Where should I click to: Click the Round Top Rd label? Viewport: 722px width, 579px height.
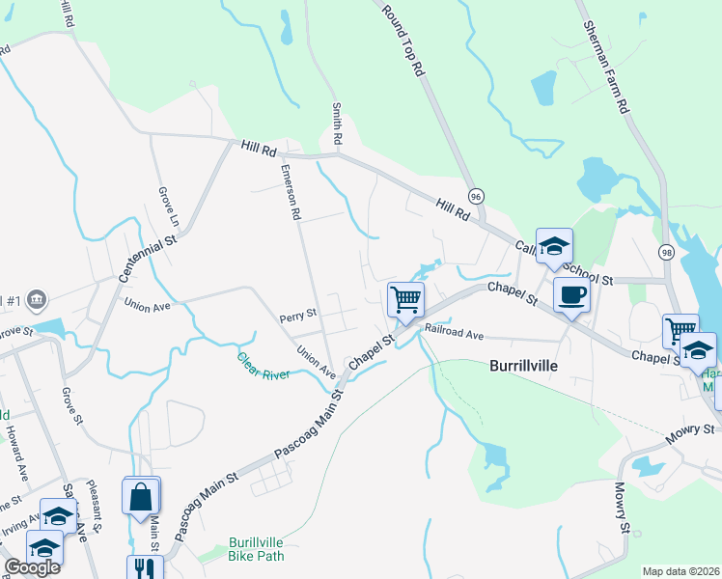pos(403,41)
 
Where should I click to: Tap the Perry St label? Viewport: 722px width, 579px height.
pos(298,314)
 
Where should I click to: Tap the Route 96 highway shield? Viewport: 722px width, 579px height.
pos(475,196)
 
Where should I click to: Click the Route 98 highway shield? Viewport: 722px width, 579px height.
pos(666,252)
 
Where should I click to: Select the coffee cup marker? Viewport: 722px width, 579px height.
pos(571,295)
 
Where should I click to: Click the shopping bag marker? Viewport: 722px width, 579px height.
pos(141,497)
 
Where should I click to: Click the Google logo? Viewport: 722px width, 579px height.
pos(32,567)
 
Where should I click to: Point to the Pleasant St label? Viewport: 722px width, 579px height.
pos(100,508)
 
